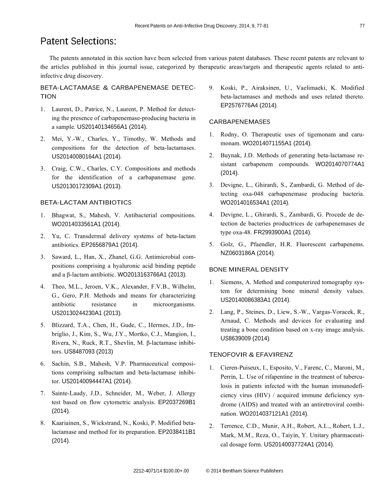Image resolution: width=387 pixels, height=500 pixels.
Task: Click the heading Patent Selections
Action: [x=78, y=42]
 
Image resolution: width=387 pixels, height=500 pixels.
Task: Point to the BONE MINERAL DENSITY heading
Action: [x=249, y=269]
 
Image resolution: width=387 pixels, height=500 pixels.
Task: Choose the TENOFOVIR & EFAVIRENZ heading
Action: [x=251, y=354]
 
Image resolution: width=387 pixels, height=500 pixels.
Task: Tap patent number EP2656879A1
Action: [x=105, y=245]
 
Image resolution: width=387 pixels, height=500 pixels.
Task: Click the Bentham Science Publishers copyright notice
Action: [x=245, y=471]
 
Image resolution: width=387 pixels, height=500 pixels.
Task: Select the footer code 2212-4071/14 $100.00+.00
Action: [x=161, y=471]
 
